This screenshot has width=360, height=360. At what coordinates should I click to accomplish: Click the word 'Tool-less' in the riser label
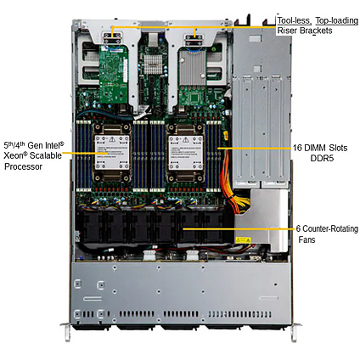[294, 20]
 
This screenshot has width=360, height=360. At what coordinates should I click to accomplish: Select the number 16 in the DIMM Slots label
[298, 148]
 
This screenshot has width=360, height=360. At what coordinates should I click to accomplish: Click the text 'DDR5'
[322, 158]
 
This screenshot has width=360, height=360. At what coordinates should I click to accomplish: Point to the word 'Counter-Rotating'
[330, 228]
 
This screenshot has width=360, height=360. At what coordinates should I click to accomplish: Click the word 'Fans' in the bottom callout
[307, 239]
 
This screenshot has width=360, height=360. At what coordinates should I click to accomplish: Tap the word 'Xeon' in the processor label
[14, 155]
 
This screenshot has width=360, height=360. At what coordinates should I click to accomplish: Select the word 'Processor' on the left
[23, 166]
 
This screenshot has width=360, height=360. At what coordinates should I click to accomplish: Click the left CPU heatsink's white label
[112, 152]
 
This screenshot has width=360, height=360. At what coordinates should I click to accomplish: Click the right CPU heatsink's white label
[186, 152]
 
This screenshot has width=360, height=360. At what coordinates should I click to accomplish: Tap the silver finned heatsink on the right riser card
[193, 67]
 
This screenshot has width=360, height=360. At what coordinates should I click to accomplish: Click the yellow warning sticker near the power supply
[243, 240]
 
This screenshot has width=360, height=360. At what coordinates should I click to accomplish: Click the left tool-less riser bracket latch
[112, 38]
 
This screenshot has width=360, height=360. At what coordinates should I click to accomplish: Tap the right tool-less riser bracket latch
[194, 40]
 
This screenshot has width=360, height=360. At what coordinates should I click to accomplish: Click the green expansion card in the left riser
[114, 74]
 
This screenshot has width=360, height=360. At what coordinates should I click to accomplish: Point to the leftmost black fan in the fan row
[91, 228]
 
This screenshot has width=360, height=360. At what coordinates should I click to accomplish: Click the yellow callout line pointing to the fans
[239, 228]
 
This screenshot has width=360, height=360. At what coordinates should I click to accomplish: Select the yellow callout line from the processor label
[85, 153]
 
